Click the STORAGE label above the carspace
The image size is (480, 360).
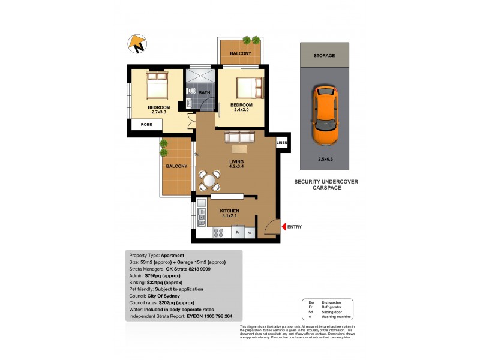[324, 55]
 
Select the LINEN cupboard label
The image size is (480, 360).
[281, 143]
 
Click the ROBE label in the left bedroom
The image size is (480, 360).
[146, 125]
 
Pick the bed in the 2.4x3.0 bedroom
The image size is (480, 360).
[248, 88]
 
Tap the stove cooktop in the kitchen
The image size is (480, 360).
[218, 232]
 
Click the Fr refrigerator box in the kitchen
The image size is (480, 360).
[238, 232]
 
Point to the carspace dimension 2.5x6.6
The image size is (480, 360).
[324, 160]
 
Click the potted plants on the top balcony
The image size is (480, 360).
[251, 40]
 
